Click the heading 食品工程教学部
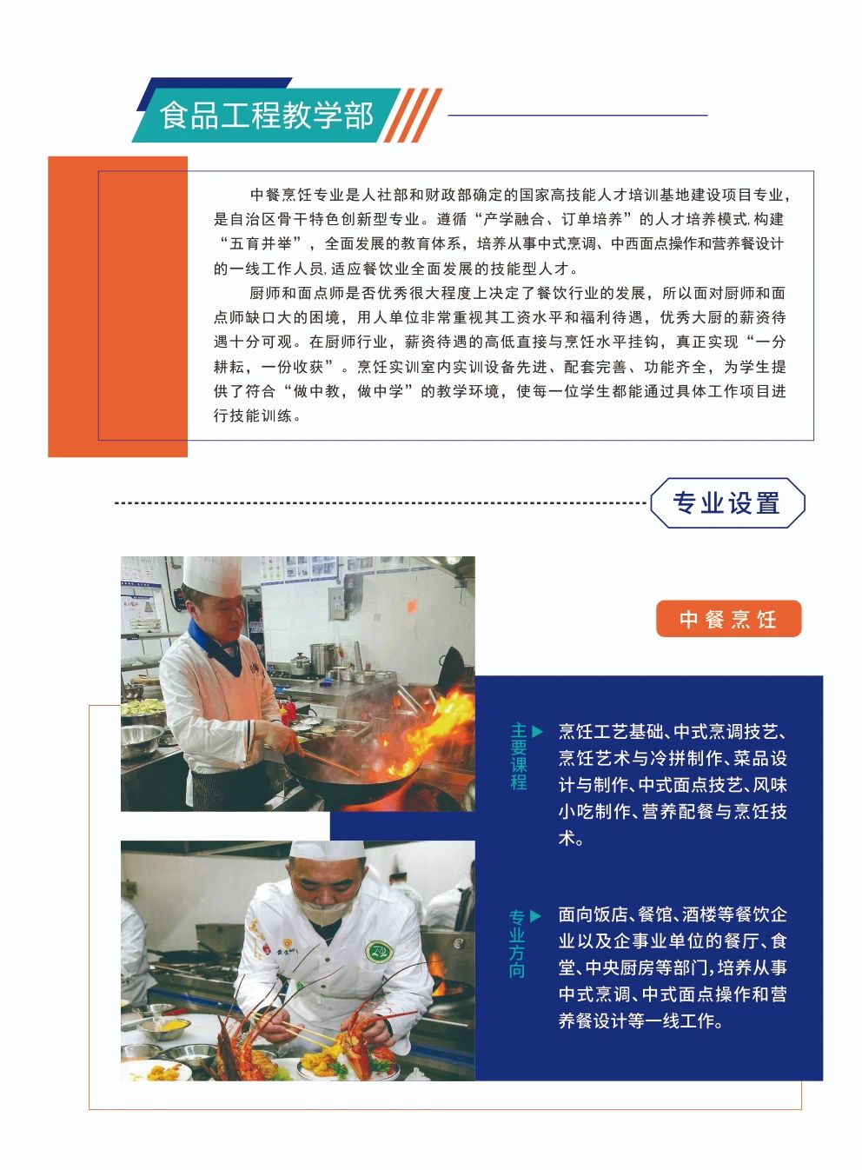tap(266, 116)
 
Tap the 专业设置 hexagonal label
tap(727, 502)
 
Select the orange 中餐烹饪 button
tap(728, 618)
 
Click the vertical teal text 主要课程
tap(519, 763)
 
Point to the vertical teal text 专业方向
tap(517, 951)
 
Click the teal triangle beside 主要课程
tap(537, 731)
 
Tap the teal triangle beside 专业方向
tap(535, 916)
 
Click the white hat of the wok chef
tap(212, 575)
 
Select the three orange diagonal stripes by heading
tap(413, 116)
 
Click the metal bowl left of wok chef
tap(140, 740)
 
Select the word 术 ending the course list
tap(567, 839)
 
